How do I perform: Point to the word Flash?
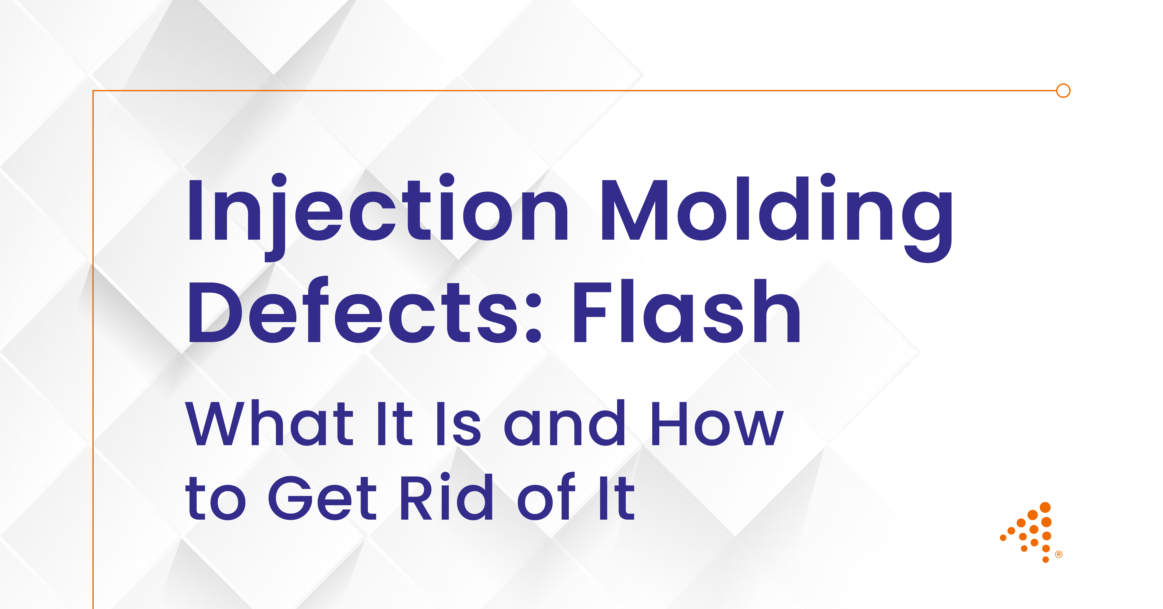(x=686, y=312)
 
